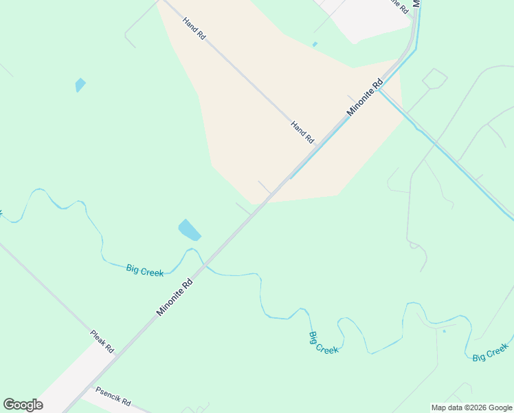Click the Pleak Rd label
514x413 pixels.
coord(102,341)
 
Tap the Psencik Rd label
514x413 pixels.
coord(113,396)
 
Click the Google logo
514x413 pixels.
coord(23,405)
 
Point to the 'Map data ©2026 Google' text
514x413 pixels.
coord(471,407)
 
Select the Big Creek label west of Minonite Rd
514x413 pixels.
coord(145,270)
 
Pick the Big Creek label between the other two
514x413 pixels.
coord(323,342)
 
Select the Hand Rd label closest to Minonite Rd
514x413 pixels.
coord(302,131)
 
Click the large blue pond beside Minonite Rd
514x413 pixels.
coord(189,230)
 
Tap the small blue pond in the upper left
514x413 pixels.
coord(80,85)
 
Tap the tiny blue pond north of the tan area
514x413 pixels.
coord(315,45)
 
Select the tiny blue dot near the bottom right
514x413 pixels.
coord(444,331)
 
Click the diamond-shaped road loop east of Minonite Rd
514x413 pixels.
coord(434,78)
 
